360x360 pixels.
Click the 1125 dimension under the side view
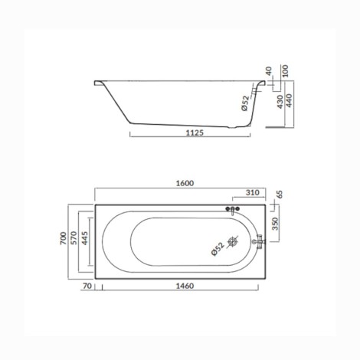[195, 133]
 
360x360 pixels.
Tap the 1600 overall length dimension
[185, 183]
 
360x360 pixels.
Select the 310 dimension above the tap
[252, 192]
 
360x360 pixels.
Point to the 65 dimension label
[280, 195]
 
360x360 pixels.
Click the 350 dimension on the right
[275, 224]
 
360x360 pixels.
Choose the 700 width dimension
[63, 238]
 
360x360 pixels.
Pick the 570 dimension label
[74, 238]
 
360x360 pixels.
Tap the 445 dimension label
[84, 238]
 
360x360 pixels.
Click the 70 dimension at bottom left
[87, 286]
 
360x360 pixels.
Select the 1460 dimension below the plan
[185, 286]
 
